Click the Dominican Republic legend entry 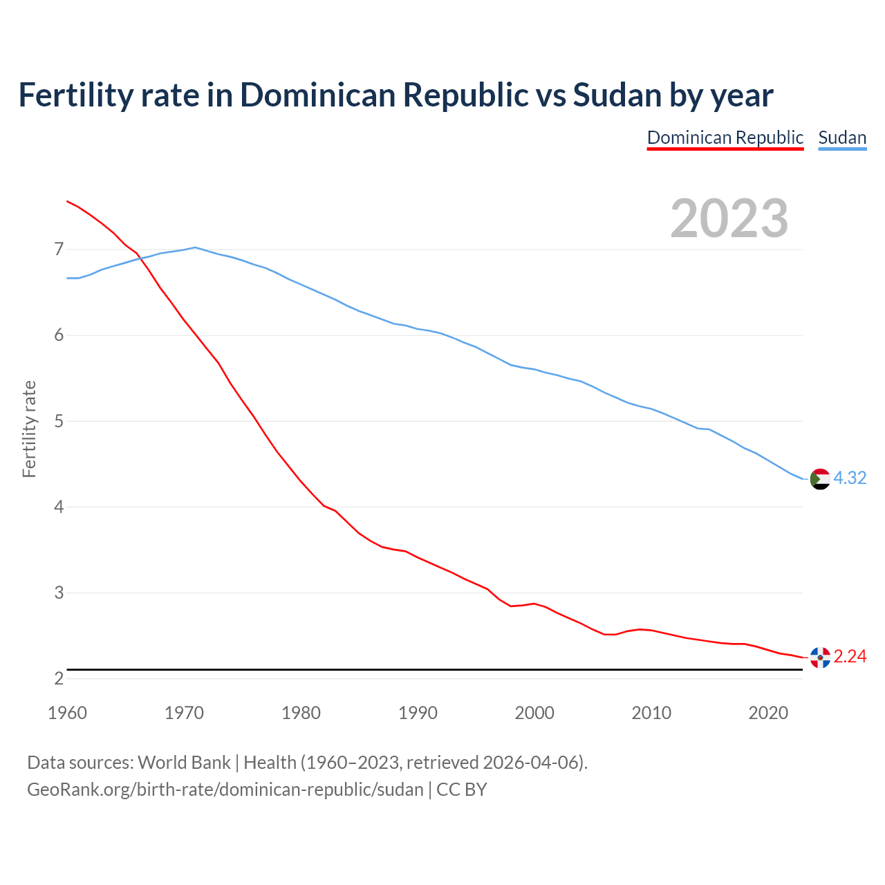pos(725,138)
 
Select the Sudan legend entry pos(842,138)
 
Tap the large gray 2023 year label pos(729,218)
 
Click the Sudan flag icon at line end pos(820,478)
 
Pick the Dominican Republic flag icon pos(820,657)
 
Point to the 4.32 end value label pos(850,478)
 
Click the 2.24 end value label pos(850,657)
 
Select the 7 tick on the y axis pos(59,249)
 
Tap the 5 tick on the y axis pos(59,421)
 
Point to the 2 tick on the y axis pos(59,679)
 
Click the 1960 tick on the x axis pos(67,713)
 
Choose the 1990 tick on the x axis pos(418,713)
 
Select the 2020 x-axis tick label pos(768,713)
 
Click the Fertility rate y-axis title pos(29,429)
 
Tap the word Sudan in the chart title pos(617,95)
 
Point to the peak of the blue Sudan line pos(195,247)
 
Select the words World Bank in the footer pos(184,763)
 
